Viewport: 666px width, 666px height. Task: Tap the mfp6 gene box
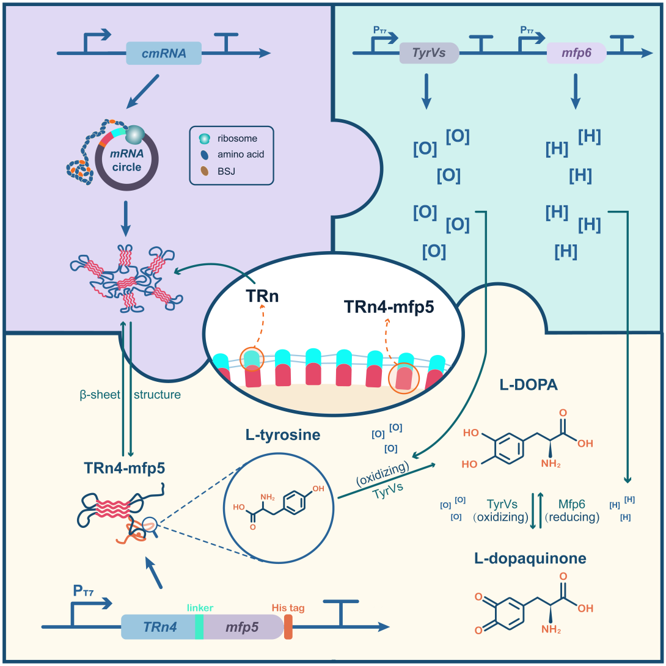point(576,53)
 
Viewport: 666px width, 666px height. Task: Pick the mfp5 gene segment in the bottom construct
point(242,627)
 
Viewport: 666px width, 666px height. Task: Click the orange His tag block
point(288,627)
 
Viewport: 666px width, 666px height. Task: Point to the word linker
point(200,608)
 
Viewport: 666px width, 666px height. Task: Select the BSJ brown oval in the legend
point(205,171)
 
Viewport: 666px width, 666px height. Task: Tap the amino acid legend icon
point(205,155)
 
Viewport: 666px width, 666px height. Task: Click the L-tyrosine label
point(283,435)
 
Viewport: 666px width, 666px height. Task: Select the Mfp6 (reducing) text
point(572,510)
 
